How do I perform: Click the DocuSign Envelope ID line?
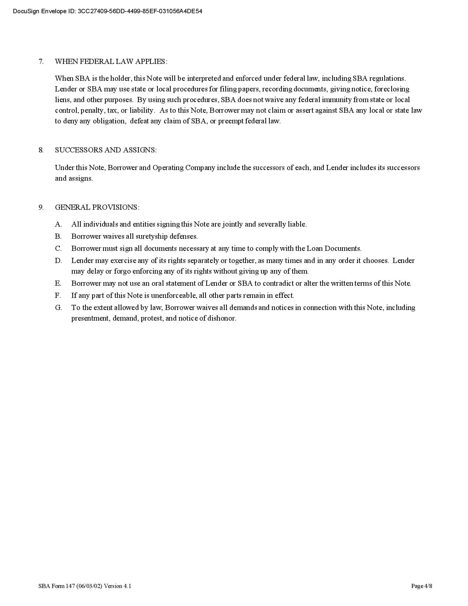pos(108,11)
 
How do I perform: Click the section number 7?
pos(41,61)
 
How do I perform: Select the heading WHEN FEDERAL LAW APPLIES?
pos(111,61)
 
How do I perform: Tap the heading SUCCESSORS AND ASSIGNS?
pos(106,150)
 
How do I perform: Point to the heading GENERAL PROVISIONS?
pos(97,207)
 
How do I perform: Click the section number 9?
pos(41,207)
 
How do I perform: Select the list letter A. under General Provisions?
pos(58,224)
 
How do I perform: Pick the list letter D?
pos(58,260)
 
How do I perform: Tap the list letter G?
pos(58,307)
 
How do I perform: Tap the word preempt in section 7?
pos(231,121)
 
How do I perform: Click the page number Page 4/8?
pos(421,586)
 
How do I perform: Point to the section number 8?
pos(41,150)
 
